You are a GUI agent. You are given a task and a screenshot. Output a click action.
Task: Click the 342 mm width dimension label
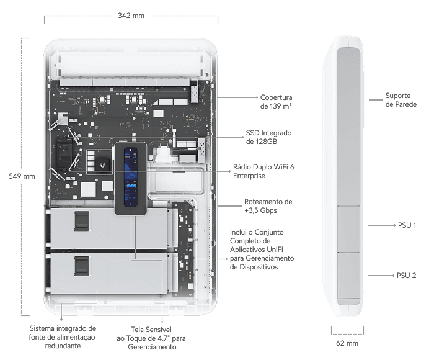(131, 16)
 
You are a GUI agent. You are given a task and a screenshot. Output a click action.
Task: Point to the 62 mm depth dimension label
(349, 343)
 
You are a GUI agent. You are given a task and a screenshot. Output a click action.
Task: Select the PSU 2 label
(406, 275)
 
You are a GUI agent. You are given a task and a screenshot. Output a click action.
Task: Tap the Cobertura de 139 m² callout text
(276, 102)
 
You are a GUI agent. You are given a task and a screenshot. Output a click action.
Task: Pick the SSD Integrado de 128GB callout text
(269, 137)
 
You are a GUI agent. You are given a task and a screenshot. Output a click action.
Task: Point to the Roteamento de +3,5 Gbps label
(268, 205)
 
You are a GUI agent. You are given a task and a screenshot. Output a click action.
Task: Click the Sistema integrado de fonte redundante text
(63, 336)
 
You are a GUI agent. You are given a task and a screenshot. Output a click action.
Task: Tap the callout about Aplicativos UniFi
(261, 249)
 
